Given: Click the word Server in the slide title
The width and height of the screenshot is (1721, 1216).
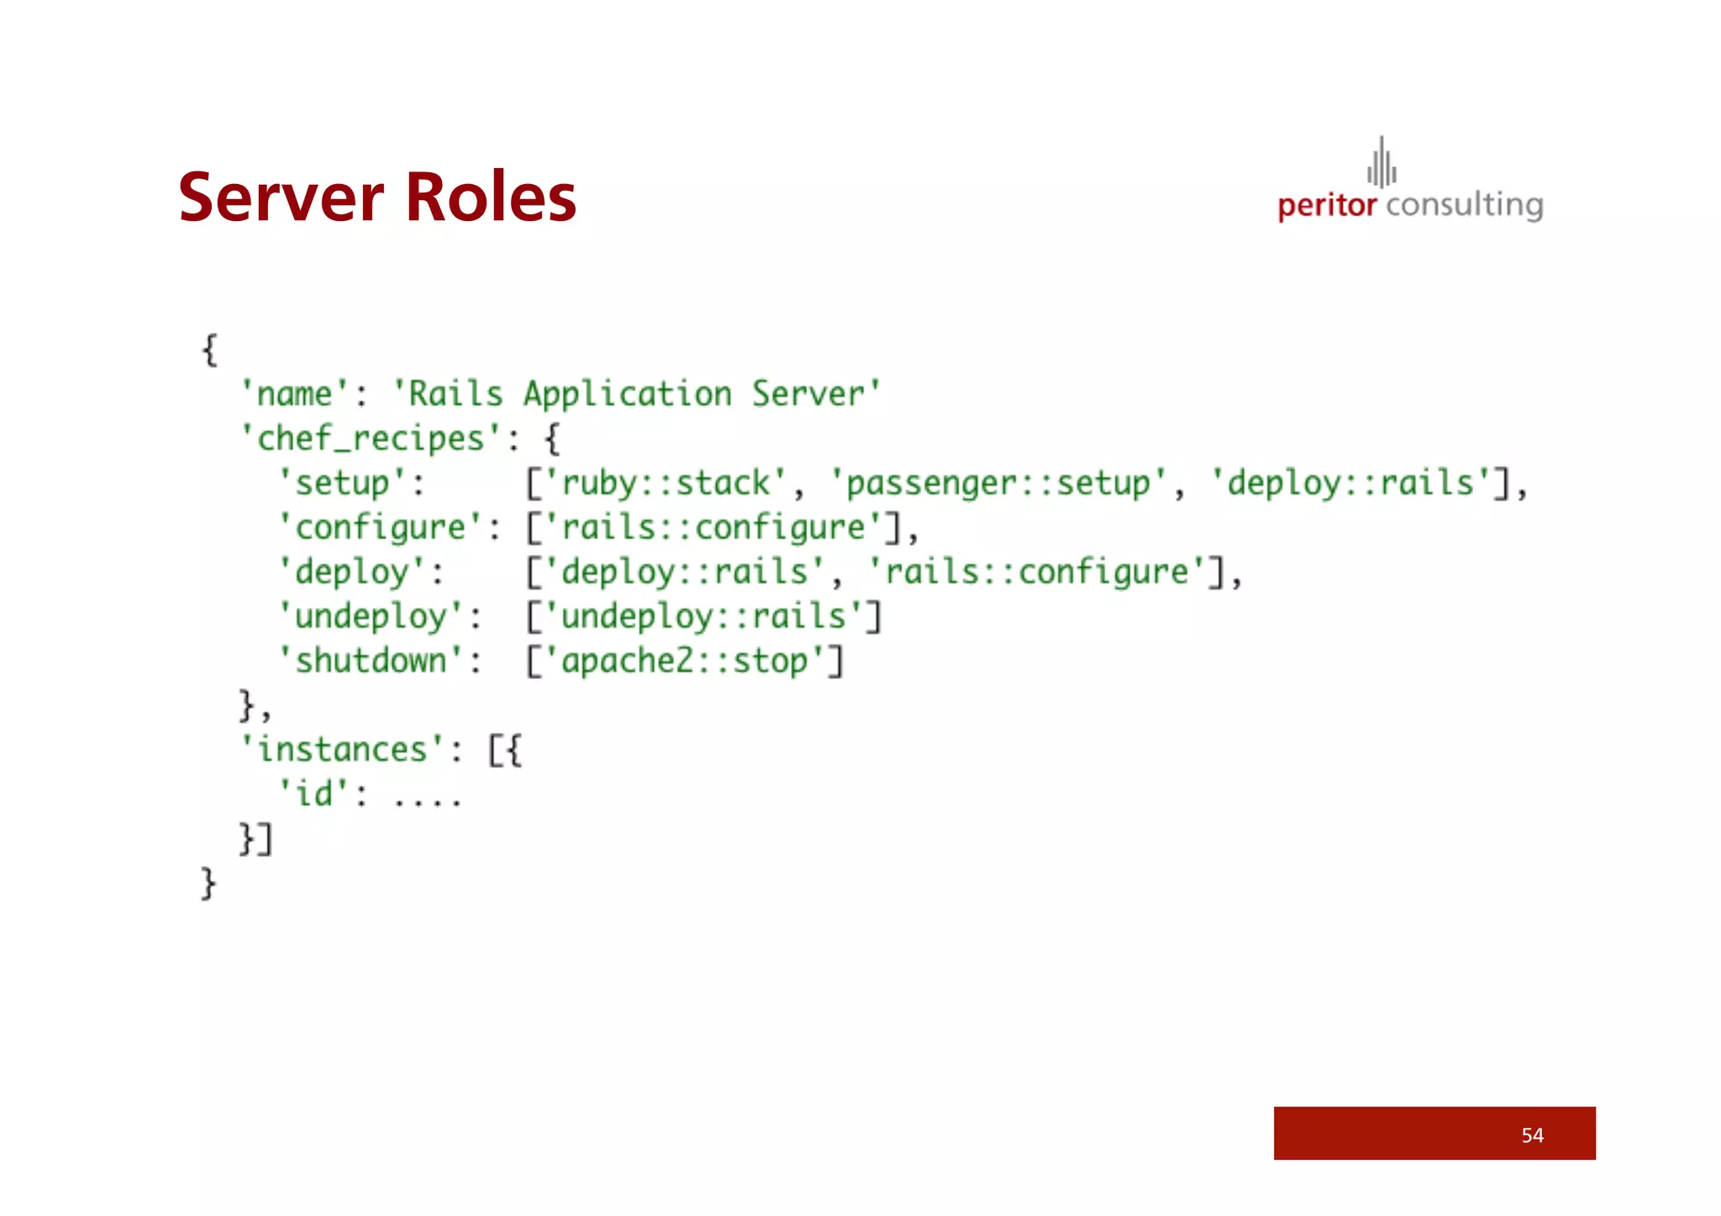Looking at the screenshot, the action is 282,197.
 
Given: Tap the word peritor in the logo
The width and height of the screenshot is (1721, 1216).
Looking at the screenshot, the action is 1327,206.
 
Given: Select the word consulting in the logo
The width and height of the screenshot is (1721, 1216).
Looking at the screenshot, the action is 1465,206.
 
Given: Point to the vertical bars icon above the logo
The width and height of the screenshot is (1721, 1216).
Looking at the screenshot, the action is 1382,163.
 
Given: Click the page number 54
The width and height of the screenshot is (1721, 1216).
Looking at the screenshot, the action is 1532,1135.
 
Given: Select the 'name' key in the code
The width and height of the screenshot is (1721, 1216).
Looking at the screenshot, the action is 294,394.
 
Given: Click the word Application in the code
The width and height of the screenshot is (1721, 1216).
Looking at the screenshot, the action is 627,394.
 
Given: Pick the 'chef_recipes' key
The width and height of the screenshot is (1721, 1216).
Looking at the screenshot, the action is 371,439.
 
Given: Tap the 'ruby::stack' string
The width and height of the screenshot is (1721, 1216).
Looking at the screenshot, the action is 666,483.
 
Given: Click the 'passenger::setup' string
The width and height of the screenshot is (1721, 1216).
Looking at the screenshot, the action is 997,483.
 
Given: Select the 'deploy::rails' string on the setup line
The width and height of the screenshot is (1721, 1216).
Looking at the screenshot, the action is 1350,483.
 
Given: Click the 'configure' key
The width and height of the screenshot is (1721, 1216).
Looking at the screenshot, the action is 380,528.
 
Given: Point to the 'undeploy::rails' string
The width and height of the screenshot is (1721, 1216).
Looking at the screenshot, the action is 703,617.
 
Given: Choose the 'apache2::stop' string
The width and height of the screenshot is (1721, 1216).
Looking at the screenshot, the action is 685,661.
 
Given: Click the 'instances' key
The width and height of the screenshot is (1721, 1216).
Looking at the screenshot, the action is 342,750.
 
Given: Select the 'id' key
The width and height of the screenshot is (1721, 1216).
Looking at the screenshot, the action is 313,794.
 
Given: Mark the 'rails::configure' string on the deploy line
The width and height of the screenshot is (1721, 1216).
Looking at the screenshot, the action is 1036,572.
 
